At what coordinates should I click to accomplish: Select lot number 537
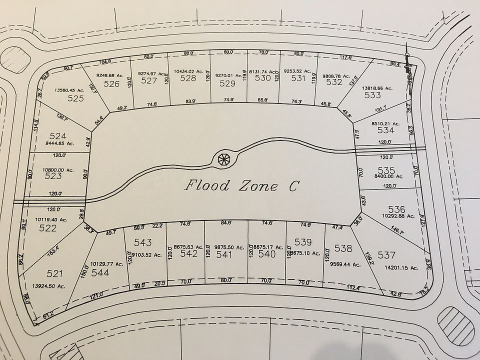click(x=387, y=255)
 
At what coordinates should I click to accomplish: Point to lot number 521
click(x=55, y=273)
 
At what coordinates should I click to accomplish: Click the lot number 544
click(x=100, y=273)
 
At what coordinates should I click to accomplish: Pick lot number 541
click(x=225, y=254)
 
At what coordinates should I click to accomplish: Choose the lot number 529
click(x=227, y=84)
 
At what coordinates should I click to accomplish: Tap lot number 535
click(x=386, y=170)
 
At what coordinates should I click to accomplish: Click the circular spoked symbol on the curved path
click(x=223, y=159)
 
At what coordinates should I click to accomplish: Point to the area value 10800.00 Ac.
click(x=59, y=170)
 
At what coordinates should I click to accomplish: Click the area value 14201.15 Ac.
click(x=400, y=268)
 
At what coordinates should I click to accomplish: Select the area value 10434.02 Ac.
click(x=187, y=71)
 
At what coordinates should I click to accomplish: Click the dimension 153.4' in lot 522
click(x=52, y=247)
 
